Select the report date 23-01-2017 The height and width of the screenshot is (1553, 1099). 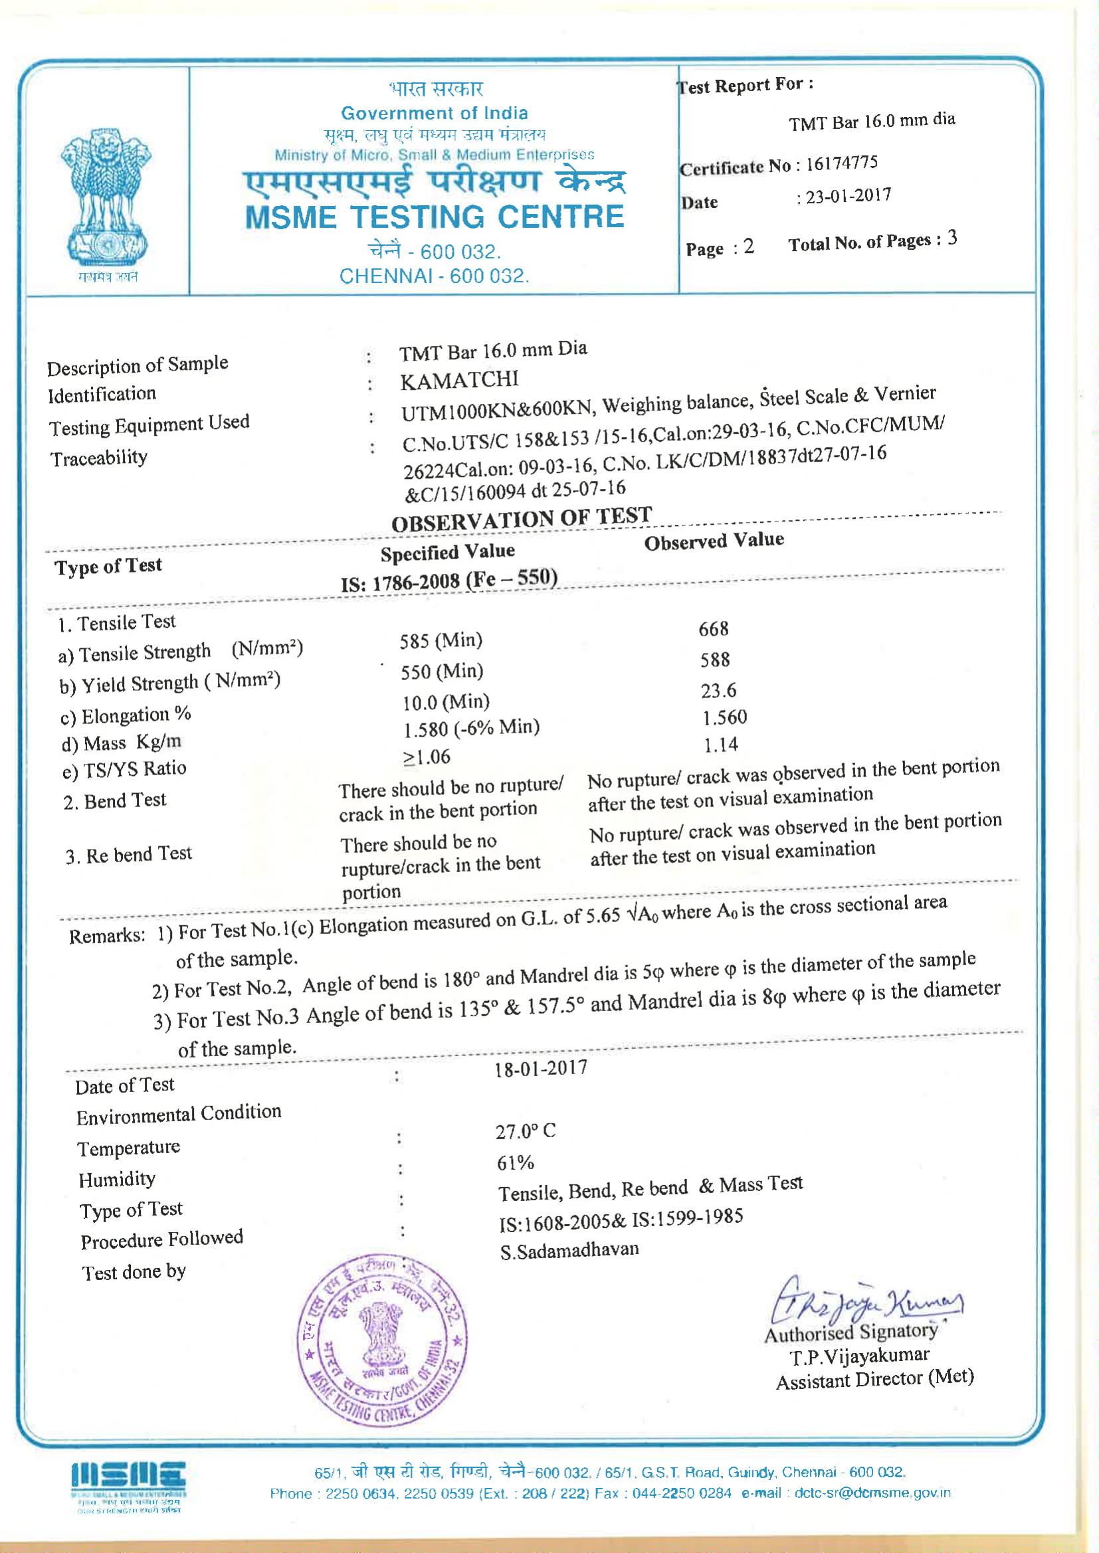tap(848, 196)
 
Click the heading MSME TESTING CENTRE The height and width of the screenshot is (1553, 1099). tap(434, 218)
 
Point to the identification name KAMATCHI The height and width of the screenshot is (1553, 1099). tap(459, 381)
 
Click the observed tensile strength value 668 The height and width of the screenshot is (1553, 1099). tap(713, 629)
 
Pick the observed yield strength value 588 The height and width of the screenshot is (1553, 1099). tap(715, 660)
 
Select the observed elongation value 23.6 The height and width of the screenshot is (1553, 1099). tap(718, 691)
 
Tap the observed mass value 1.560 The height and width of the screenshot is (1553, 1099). tap(724, 717)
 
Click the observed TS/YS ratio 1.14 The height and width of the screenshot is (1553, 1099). tap(720, 745)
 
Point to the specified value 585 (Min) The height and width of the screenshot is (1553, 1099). tap(441, 640)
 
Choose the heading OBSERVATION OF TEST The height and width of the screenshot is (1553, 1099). tap(521, 519)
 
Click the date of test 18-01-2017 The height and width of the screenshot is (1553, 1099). tap(540, 1069)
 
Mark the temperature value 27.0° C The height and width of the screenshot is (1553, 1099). tap(525, 1131)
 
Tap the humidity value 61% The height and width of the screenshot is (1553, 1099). tap(515, 1162)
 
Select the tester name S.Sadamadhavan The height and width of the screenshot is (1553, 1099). tap(569, 1250)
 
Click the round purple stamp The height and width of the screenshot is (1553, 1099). tap(382, 1340)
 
